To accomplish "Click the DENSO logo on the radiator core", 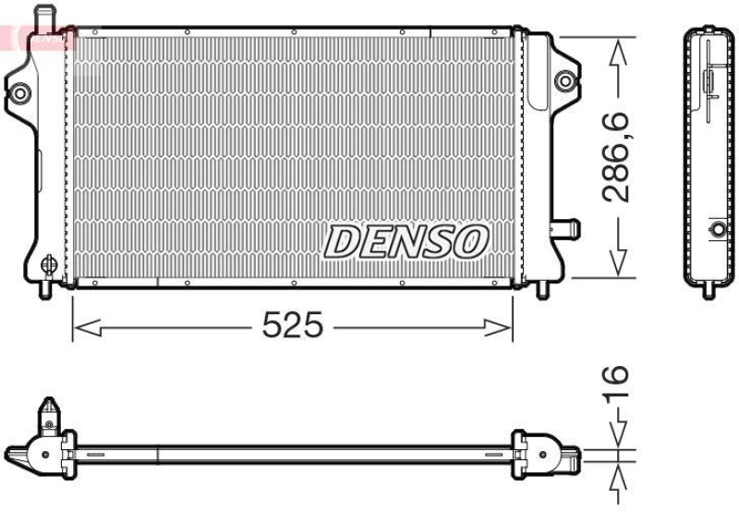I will tap(405, 241).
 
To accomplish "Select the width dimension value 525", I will tap(293, 325).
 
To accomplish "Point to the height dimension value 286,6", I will tap(616, 156).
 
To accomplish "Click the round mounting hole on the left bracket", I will tap(21, 91).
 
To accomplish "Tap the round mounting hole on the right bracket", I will tap(563, 81).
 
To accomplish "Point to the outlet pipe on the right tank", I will tap(564, 227).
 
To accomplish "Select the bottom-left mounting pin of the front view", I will tap(45, 289).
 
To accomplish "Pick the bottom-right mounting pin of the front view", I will tap(542, 289).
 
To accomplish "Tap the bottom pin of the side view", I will tap(709, 289).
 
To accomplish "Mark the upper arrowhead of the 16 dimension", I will tap(617, 434).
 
